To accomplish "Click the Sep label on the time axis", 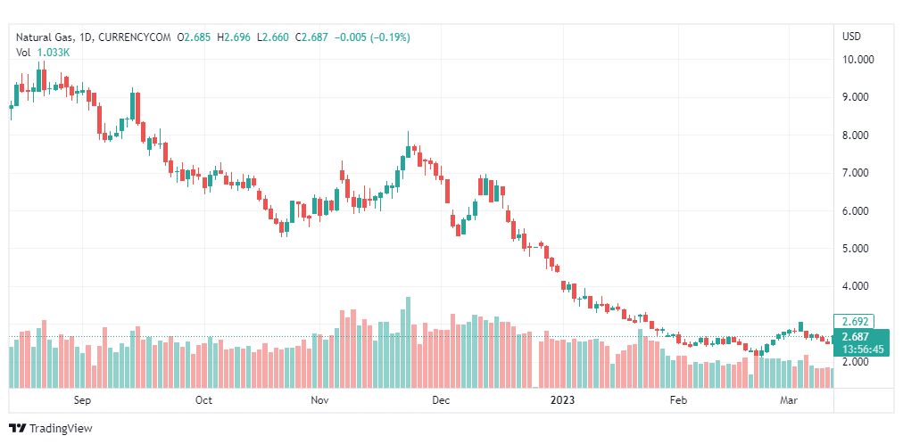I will (82, 400).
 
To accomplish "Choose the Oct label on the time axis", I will (203, 400).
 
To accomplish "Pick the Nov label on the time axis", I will (319, 400).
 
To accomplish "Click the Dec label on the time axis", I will (440, 400).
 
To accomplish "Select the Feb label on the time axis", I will (679, 400).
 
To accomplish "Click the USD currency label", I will (851, 37).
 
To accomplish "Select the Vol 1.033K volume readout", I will (43, 52).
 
